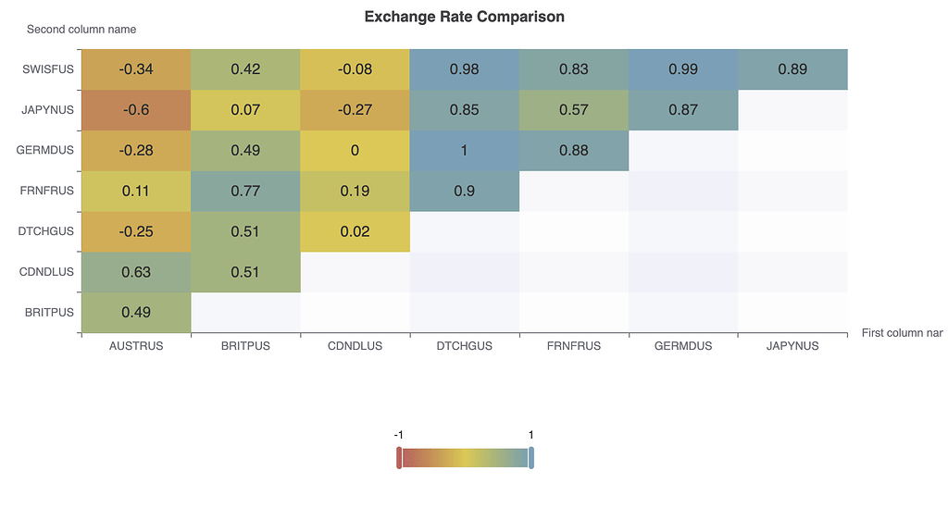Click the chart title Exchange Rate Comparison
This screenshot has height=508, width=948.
(464, 17)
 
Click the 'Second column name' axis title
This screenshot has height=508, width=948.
(81, 30)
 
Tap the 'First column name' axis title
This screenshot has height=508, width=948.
(902, 332)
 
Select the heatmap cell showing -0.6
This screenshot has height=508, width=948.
(136, 110)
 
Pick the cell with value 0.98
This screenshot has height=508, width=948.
(464, 69)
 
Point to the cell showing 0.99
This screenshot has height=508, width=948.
(683, 69)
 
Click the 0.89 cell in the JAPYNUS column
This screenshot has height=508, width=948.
(792, 69)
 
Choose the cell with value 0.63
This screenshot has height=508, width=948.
(136, 272)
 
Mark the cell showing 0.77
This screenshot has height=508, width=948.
(245, 192)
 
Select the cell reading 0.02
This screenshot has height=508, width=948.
(355, 231)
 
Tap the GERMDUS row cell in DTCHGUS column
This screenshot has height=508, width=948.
(464, 151)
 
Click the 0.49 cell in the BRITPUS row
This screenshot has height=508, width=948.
(136, 313)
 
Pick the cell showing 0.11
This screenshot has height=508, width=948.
(136, 192)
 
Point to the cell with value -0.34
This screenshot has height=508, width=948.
(136, 69)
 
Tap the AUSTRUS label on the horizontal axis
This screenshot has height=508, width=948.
(136, 346)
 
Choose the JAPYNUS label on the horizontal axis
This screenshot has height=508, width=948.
(792, 346)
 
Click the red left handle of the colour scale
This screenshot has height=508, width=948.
(399, 458)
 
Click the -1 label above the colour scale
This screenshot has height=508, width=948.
(398, 435)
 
